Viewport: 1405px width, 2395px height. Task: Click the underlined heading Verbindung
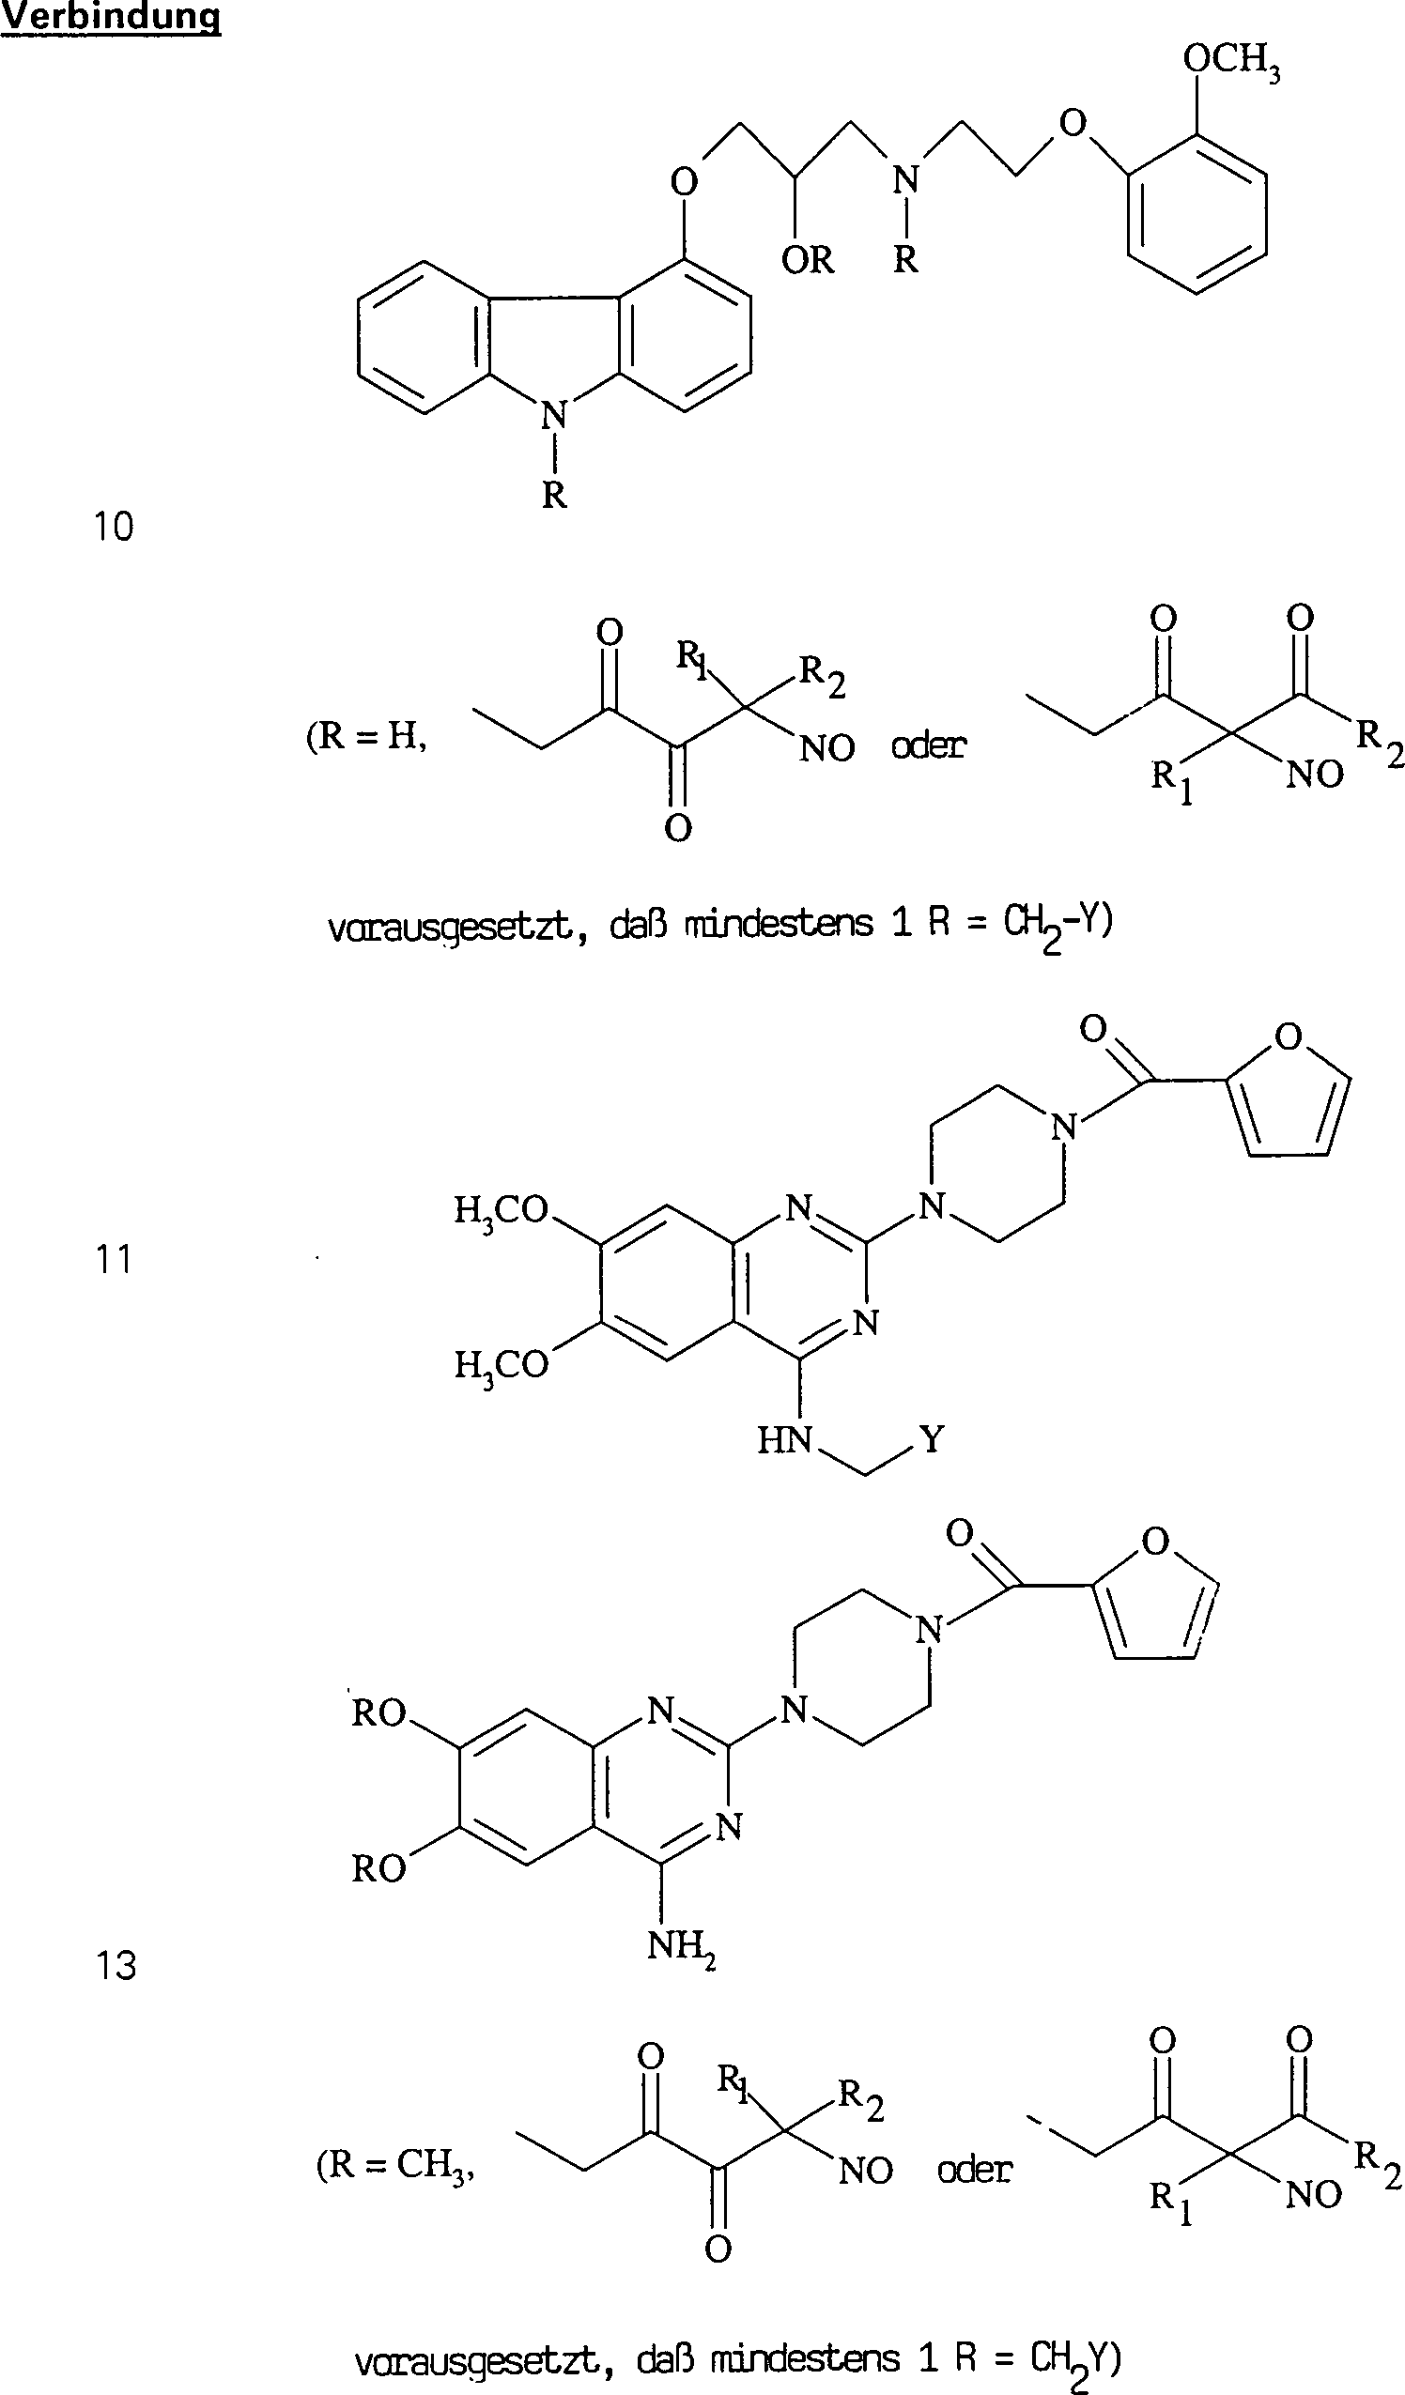(x=110, y=17)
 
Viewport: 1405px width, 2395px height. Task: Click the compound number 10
(x=113, y=527)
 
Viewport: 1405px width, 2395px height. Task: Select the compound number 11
(x=113, y=1259)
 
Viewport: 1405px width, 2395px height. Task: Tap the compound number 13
(x=115, y=1965)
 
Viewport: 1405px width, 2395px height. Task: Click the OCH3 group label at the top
(x=1230, y=61)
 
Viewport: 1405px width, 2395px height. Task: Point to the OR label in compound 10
(x=807, y=259)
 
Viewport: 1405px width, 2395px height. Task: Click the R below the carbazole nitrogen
(x=554, y=494)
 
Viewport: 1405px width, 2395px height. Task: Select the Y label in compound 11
(x=932, y=1440)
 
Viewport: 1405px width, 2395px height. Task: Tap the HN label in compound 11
(x=784, y=1441)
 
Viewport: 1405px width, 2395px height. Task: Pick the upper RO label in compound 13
(x=378, y=1712)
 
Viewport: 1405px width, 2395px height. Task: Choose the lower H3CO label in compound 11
(x=501, y=1366)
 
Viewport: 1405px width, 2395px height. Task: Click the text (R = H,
(x=366, y=737)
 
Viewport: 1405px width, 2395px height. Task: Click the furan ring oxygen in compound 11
(x=1289, y=1036)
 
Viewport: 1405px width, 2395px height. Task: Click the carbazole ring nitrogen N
(x=553, y=414)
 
